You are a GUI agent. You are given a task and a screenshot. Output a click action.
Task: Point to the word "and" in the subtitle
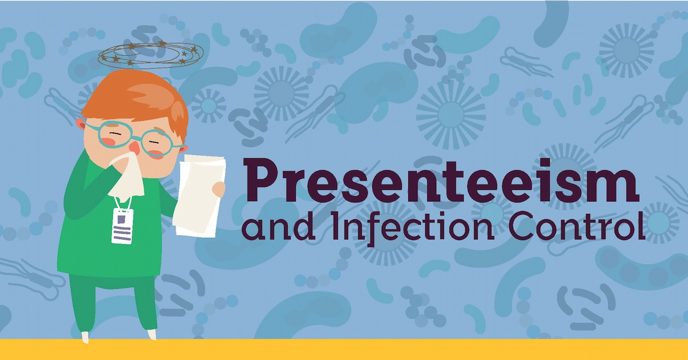pos(275,230)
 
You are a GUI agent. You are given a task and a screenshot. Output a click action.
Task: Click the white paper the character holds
pos(198,195)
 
